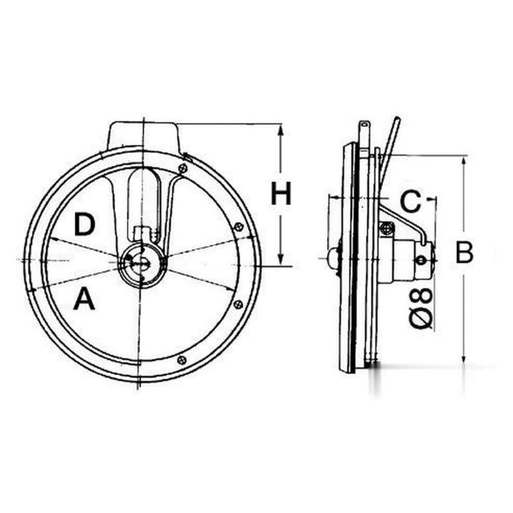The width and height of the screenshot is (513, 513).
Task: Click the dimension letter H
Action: pos(281,193)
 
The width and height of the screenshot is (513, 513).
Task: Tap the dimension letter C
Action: pos(410,201)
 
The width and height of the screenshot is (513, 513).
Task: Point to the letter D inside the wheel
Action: pos(85,224)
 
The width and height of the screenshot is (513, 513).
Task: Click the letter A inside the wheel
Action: pos(84,298)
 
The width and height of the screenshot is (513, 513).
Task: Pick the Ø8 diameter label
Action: pos(421,308)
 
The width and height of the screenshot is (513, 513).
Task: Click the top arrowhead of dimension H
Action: pos(281,130)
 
